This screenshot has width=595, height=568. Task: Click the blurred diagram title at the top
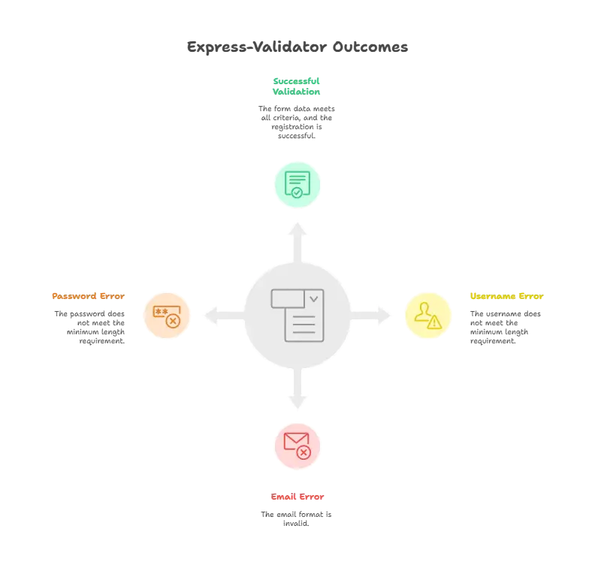coord(297,47)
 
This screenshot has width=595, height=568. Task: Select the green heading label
coord(297,83)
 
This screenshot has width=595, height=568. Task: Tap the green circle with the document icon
coord(297,183)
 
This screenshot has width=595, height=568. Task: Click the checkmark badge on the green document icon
coord(297,192)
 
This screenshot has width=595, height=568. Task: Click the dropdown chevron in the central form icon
coord(313,299)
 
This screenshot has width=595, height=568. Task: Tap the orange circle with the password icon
coord(168,315)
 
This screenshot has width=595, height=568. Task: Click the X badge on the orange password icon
coord(173,322)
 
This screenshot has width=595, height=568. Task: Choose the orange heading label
coord(87,295)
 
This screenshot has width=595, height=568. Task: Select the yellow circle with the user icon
coord(427,315)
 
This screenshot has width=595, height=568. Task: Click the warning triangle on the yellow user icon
coord(434,322)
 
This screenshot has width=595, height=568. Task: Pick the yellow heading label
coord(507,295)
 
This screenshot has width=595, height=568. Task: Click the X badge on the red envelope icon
coord(303,452)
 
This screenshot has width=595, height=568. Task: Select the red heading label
coord(297,497)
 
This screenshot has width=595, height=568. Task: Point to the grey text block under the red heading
coord(297,520)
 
